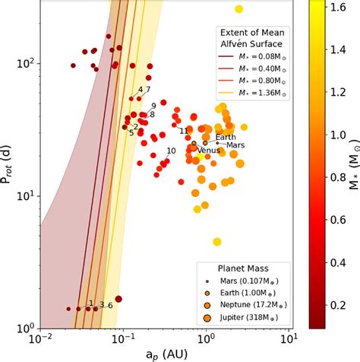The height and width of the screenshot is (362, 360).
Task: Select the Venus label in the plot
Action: (209, 151)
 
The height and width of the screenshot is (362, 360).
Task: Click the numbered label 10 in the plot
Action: (171, 151)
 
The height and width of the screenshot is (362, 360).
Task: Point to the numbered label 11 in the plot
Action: (184, 131)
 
